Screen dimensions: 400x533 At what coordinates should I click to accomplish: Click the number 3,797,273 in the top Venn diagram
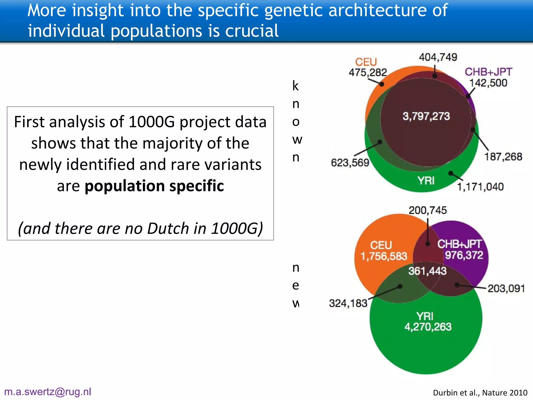click(x=426, y=116)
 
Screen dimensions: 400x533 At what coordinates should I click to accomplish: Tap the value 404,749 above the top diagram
click(x=438, y=57)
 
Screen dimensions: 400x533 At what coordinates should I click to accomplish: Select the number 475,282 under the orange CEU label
click(x=368, y=72)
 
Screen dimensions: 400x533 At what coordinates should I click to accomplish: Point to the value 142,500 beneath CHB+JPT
click(x=488, y=83)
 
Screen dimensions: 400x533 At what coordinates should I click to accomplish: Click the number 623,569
click(x=350, y=163)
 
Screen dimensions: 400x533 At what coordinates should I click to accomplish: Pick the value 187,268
click(x=503, y=157)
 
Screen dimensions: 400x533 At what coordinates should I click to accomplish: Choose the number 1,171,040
click(x=480, y=187)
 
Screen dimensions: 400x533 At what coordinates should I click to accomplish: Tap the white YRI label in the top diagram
click(x=426, y=180)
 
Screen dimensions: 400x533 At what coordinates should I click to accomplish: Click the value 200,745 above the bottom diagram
click(x=428, y=210)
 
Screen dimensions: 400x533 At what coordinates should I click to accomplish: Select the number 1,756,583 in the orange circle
click(x=384, y=256)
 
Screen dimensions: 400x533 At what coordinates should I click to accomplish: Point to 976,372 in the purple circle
click(x=464, y=255)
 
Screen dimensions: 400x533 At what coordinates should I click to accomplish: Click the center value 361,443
click(x=427, y=271)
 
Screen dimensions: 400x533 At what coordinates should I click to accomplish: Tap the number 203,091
click(x=506, y=289)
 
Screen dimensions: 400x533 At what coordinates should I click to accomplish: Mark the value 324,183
click(x=348, y=303)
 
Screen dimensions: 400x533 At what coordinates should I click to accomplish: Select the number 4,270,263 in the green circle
click(x=428, y=327)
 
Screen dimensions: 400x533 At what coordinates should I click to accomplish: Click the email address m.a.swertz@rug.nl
click(x=48, y=392)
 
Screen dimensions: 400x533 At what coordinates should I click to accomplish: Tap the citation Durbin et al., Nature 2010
click(x=480, y=392)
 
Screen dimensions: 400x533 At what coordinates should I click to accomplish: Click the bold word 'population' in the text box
click(x=124, y=186)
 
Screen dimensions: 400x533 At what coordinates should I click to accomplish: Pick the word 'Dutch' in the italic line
click(x=168, y=228)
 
